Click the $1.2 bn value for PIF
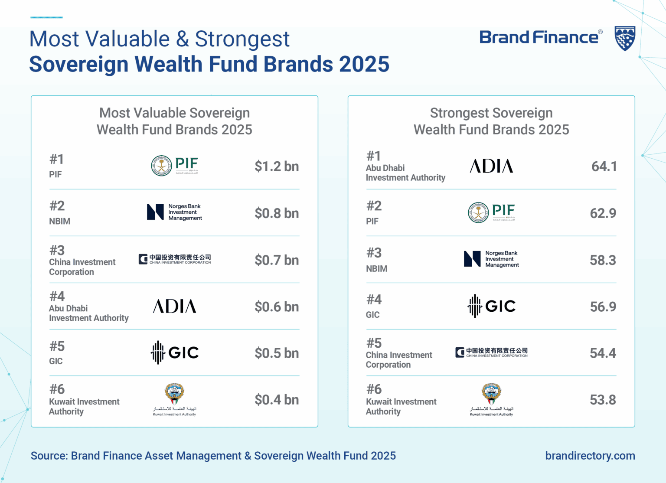pos(277,166)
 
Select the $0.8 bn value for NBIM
pos(277,213)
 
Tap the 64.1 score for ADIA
pos(604,166)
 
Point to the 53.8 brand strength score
pos(603,400)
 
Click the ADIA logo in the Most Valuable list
pos(175,307)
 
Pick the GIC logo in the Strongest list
pos(492,306)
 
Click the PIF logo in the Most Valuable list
pos(175,166)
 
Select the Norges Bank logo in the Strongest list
pos(491,259)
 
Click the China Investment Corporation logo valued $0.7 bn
pos(175,259)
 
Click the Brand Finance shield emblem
pos(625,38)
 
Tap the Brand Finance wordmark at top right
pos(539,38)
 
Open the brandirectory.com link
pos(590,456)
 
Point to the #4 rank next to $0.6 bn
pos(57,297)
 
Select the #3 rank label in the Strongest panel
pos(374,253)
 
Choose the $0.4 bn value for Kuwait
pos(277,400)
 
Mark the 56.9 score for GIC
pos(603,307)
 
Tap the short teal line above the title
pos(46,17)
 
